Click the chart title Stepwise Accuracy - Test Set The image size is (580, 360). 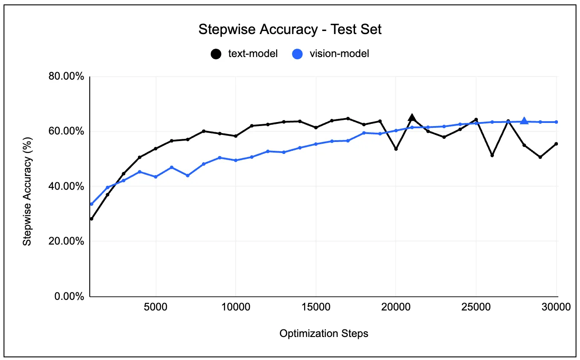coord(290,30)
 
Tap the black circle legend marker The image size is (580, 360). coord(216,54)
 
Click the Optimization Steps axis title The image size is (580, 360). coord(324,333)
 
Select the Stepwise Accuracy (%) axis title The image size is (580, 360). coord(27,186)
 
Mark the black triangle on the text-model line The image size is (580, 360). coord(412,117)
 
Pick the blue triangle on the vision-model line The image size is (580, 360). coord(524,121)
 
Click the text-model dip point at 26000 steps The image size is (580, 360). coord(492,155)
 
